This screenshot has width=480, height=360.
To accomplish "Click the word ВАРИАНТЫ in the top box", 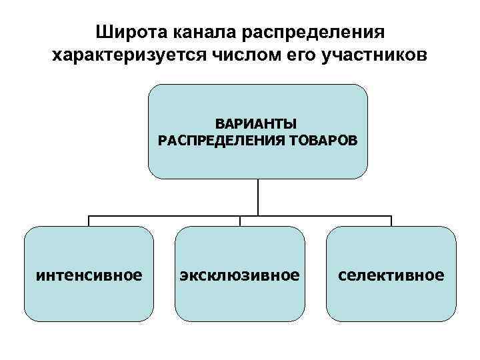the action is [x=257, y=125].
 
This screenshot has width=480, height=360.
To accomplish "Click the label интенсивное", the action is [x=89, y=274].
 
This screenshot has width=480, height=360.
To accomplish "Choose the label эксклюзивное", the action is [x=239, y=274].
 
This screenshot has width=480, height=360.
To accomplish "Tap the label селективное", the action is [x=391, y=274].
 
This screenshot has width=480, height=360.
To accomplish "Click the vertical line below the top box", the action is [x=257, y=197].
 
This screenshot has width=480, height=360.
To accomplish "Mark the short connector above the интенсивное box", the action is [x=89, y=221].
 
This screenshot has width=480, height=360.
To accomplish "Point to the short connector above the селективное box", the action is [x=391, y=221].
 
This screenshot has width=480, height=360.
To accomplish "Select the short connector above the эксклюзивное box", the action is [x=240, y=221].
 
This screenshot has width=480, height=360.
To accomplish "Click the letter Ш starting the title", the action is [x=103, y=32].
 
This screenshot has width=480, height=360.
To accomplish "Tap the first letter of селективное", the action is [x=342, y=275].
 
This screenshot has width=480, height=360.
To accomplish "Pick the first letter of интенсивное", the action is [x=39, y=275].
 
